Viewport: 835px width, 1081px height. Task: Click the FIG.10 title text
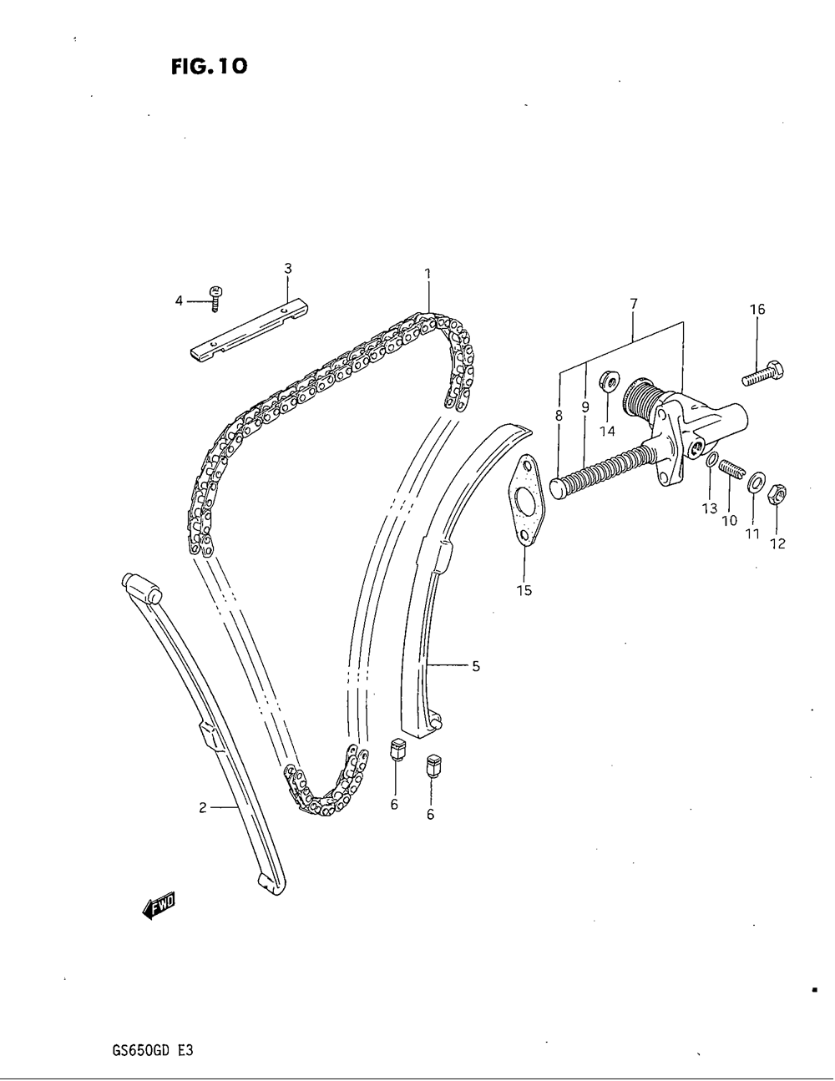(x=210, y=66)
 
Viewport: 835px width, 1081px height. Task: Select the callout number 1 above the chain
(x=427, y=274)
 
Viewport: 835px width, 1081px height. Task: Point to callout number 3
(x=287, y=269)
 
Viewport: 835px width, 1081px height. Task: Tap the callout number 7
(x=634, y=304)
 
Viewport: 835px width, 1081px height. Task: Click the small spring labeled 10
(x=731, y=471)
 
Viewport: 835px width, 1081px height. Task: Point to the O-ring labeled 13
(x=709, y=461)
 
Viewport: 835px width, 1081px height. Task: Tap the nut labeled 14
(x=610, y=382)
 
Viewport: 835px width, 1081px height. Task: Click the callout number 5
(x=475, y=666)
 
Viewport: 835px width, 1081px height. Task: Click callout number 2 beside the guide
(x=203, y=807)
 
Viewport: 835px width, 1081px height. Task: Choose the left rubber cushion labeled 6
(x=398, y=750)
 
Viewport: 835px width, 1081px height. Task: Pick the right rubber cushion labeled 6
(x=433, y=765)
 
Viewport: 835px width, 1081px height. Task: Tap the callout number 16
(x=757, y=310)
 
